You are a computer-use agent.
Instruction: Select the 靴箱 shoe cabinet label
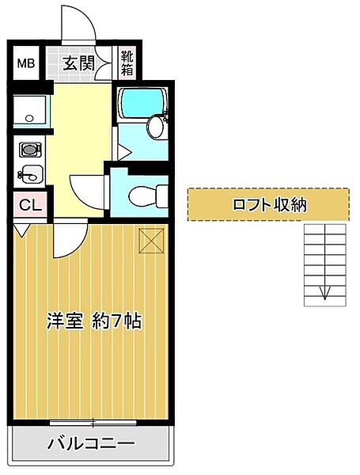127,63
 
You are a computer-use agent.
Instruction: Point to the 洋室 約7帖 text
93,321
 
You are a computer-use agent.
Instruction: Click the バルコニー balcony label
90,443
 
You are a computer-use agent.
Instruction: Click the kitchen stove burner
29,149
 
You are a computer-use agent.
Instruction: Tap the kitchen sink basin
29,175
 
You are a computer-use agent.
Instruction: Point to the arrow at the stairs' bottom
324,294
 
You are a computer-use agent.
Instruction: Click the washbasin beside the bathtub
156,126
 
